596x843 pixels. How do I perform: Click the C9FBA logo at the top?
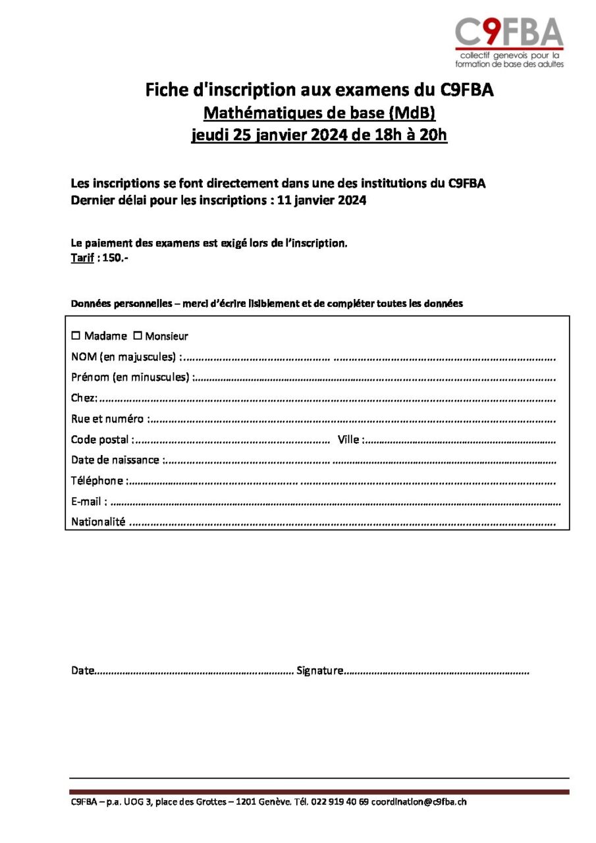click(509, 41)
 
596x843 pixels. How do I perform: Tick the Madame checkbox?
click(76, 335)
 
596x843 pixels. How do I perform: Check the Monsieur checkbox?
click(138, 335)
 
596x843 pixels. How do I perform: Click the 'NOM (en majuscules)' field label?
click(123, 357)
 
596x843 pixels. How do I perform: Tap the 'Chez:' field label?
click(84, 398)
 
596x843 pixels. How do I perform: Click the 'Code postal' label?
click(100, 439)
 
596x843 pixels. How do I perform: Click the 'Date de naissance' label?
click(115, 460)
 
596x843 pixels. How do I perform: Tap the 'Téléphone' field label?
click(97, 481)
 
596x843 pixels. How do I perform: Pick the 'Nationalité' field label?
click(98, 522)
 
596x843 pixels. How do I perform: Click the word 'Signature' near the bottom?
click(319, 671)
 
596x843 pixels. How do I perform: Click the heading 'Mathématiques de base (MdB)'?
click(319, 113)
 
